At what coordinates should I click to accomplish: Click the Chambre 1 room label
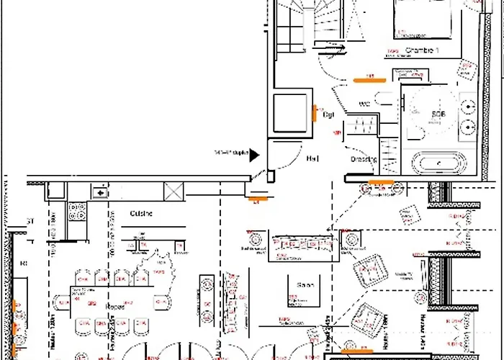421,50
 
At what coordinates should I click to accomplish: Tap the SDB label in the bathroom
438,114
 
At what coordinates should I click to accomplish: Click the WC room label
364,105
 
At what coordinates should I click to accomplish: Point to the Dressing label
364,159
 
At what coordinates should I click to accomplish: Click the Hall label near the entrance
312,158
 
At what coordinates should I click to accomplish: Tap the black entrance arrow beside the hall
254,155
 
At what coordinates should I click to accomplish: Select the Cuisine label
140,214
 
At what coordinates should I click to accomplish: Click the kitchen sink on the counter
99,192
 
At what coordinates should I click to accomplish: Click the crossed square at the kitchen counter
174,192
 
